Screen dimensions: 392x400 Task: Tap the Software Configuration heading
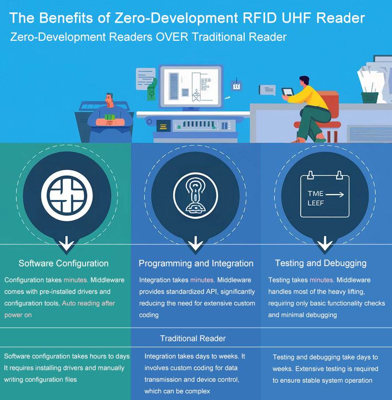pyautogui.click(x=63, y=263)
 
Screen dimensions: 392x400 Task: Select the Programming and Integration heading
pyautogui.click(x=196, y=263)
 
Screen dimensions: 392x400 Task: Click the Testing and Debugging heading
pyautogui.click(x=321, y=263)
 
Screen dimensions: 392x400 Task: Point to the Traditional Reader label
pyautogui.click(x=193, y=338)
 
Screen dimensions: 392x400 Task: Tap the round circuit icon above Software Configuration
pyautogui.click(x=67, y=195)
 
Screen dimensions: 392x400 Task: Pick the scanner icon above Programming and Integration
pyautogui.click(x=196, y=195)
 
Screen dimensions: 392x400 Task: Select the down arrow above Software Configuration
pyautogui.click(x=67, y=243)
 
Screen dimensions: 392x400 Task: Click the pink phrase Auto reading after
pyautogui.click(x=89, y=303)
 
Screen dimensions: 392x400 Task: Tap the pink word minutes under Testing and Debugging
pyautogui.click(x=321, y=280)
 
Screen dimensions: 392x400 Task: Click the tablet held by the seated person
pyautogui.click(x=288, y=92)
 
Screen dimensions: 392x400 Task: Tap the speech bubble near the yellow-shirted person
pyautogui.click(x=268, y=90)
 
